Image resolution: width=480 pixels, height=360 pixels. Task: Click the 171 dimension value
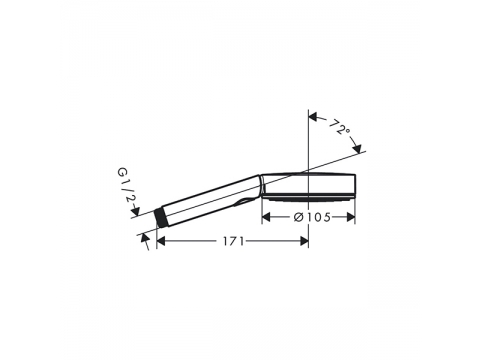point(233,241)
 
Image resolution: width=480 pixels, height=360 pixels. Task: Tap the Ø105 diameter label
point(312,217)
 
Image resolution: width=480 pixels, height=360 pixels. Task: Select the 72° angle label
point(340,126)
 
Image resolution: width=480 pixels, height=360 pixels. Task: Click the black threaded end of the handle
point(161,218)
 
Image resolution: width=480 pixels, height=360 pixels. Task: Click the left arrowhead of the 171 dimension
point(161,241)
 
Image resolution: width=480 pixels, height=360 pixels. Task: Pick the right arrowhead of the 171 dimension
point(304,241)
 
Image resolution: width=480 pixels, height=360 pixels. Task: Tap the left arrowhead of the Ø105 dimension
point(266,217)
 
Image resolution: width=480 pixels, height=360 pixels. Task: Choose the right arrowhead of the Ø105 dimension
point(351,217)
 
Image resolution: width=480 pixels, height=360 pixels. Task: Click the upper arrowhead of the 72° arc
point(313,117)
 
